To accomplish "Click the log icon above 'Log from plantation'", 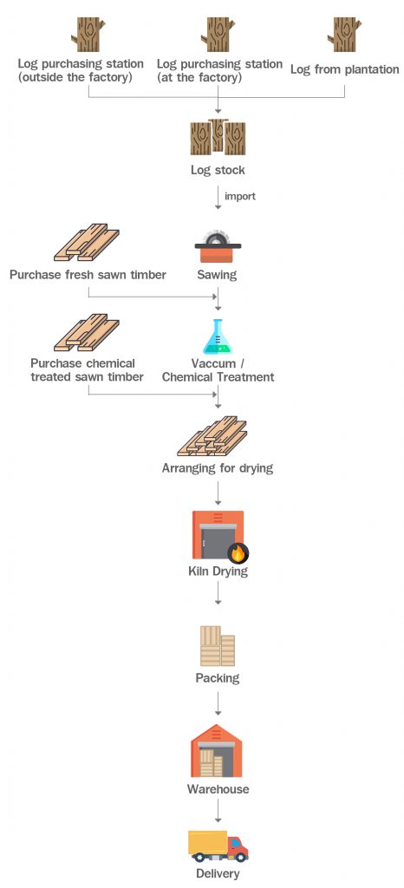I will [x=344, y=35].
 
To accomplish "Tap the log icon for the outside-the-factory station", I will [x=88, y=35].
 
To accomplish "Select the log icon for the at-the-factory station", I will [x=218, y=35].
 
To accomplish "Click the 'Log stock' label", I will [x=218, y=170].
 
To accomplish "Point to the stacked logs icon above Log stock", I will [x=218, y=137].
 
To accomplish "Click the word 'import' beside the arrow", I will [x=240, y=196].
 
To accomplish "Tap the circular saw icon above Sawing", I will [x=217, y=246].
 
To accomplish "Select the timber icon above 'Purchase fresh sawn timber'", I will [x=87, y=244].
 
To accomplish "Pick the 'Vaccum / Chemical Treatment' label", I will [x=218, y=370].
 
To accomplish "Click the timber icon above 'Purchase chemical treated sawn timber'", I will [x=87, y=333].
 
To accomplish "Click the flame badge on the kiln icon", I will [x=238, y=552].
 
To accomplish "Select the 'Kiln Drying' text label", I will [x=218, y=572].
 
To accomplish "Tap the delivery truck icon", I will [x=218, y=845].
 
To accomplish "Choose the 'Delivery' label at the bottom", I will [x=218, y=873].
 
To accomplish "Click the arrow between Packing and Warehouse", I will [x=218, y=702].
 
